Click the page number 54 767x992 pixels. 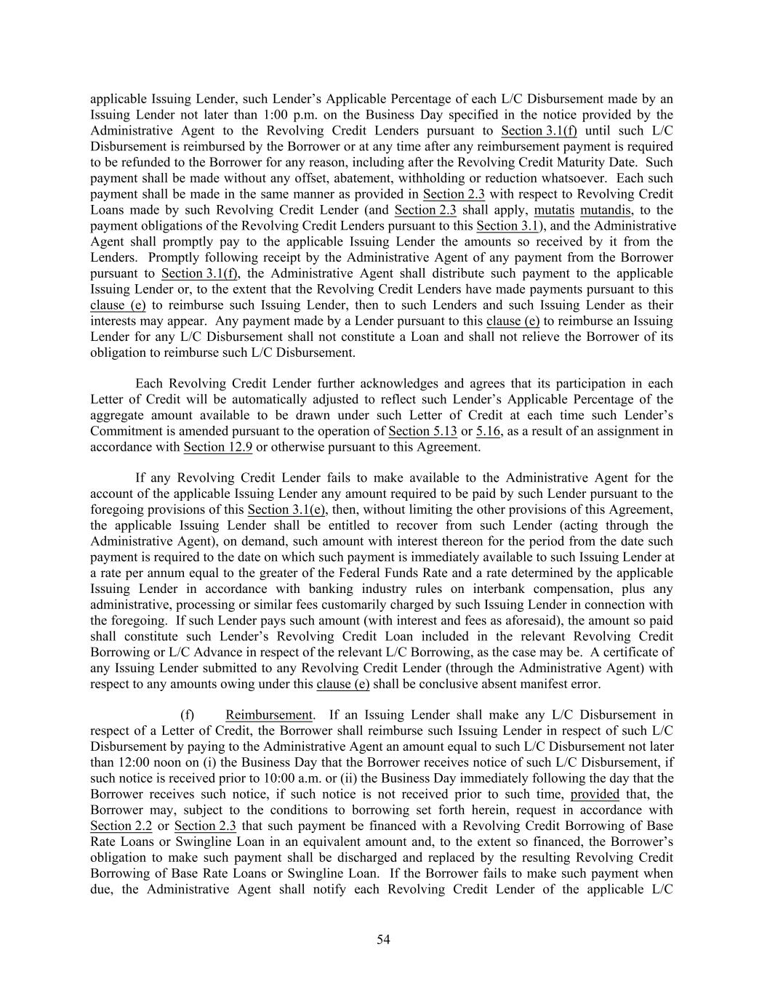383,940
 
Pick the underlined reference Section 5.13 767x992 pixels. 422,431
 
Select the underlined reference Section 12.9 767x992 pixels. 218,447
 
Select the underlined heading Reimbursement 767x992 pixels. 269,714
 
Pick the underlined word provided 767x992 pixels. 595,794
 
